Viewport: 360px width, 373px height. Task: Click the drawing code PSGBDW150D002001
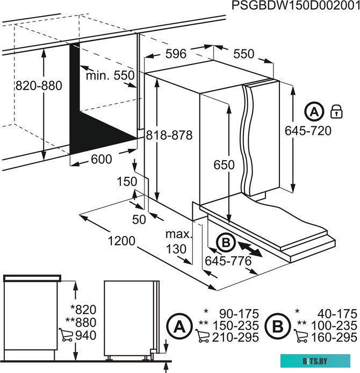click(296, 5)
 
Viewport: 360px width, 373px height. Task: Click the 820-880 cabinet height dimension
click(39, 85)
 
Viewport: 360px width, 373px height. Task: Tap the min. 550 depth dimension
click(110, 76)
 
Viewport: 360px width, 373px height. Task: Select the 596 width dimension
click(176, 54)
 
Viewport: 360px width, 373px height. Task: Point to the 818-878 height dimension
click(169, 135)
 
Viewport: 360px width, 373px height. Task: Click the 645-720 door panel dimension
click(308, 131)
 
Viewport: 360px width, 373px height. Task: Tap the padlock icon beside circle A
click(336, 111)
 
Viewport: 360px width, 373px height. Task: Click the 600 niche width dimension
click(102, 159)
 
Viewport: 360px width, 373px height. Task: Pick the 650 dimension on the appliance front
click(224, 165)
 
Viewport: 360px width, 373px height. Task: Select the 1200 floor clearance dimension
click(121, 241)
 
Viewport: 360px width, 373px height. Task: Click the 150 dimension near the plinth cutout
click(127, 182)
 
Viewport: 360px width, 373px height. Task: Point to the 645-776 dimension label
click(228, 261)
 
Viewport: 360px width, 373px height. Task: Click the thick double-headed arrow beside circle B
click(250, 249)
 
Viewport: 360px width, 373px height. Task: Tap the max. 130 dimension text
click(178, 242)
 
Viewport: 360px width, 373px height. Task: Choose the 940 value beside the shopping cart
click(86, 335)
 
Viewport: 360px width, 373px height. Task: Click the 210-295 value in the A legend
click(235, 338)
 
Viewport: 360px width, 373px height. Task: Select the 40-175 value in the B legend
click(337, 314)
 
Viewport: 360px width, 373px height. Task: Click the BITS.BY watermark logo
click(315, 361)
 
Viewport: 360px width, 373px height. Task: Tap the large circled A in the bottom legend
click(179, 326)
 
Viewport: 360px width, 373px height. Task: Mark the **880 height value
click(81, 322)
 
